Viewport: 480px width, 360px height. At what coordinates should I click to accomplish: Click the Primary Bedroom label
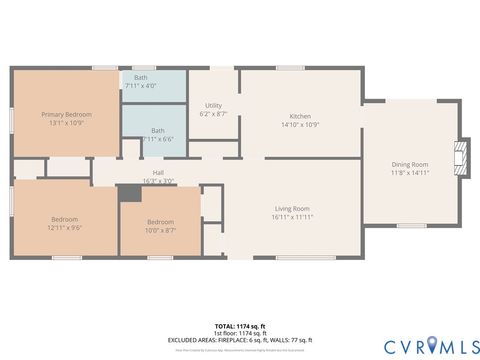66,115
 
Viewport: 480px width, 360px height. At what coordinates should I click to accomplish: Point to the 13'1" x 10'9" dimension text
66,123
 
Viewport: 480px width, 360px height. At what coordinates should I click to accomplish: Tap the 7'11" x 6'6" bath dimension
157,138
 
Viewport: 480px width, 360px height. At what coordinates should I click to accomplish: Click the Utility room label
213,105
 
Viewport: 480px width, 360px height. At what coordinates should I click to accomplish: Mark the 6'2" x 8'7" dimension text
213,114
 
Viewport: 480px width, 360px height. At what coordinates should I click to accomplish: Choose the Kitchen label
300,116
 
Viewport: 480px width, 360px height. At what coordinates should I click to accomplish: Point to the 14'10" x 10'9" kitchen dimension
300,125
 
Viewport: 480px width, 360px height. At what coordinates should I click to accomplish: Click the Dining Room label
411,164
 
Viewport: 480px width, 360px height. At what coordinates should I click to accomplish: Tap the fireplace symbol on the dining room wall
460,153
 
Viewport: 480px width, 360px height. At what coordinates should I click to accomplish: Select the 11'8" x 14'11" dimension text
411,173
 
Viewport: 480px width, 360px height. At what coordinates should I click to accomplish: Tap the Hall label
158,173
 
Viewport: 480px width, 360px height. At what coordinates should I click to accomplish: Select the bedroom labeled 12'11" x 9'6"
66,224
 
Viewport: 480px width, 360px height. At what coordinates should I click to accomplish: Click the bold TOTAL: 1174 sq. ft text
239,326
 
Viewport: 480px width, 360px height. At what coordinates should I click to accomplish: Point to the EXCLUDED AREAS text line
239,340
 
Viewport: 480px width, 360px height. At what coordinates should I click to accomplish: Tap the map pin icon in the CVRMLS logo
431,345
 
